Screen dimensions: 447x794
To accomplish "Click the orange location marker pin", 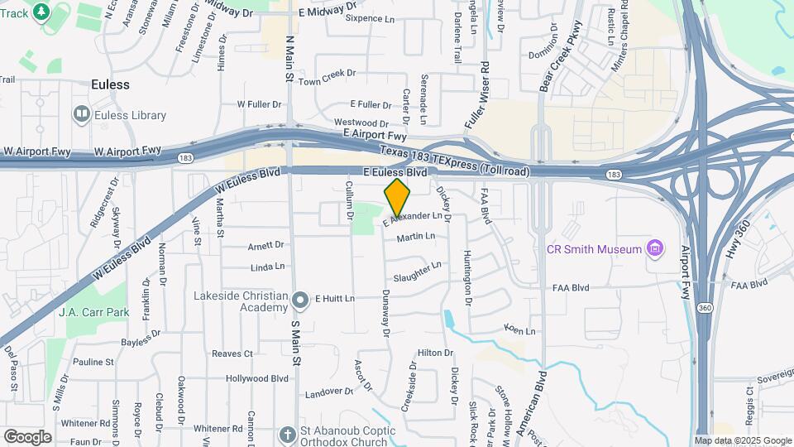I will [x=398, y=198].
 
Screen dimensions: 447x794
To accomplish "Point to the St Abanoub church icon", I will [x=288, y=434].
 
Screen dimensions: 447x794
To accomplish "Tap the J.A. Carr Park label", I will [x=94, y=313].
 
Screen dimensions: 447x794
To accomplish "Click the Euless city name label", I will [x=110, y=84].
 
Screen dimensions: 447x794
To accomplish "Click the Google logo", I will [x=27, y=436].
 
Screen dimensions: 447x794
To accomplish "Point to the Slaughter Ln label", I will [x=418, y=272].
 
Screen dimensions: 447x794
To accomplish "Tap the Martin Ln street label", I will [x=416, y=238].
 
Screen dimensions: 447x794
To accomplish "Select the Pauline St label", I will [x=93, y=362].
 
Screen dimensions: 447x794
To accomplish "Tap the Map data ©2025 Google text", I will [x=743, y=440].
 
